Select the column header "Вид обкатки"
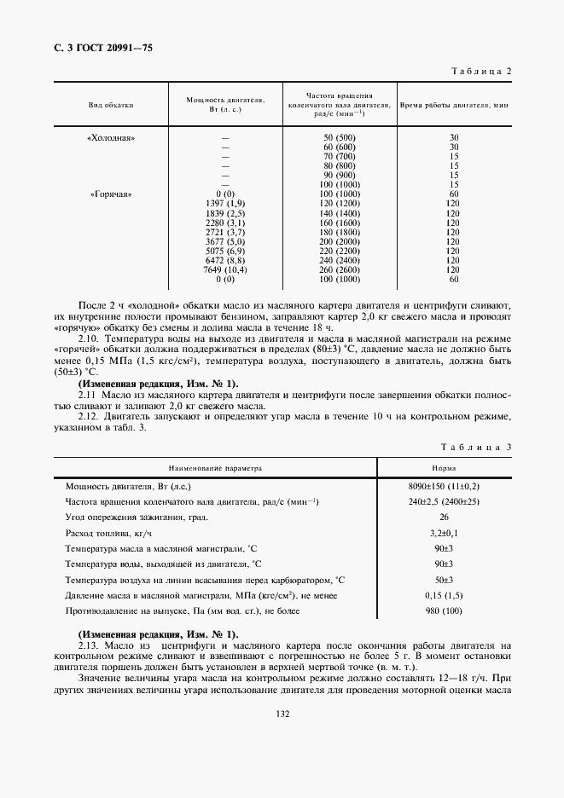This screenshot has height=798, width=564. [x=111, y=105]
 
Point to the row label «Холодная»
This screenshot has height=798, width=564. [x=111, y=137]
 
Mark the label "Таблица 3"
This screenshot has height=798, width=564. [x=476, y=447]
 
